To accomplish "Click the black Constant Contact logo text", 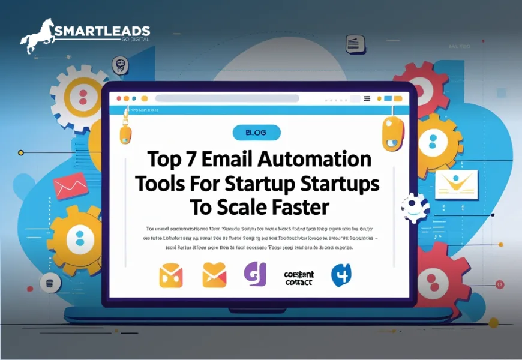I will click(x=298, y=277).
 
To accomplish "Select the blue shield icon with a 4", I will click(x=341, y=274).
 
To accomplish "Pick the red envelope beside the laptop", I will click(x=70, y=186).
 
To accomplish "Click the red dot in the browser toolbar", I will click(x=119, y=98).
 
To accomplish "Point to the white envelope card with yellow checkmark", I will click(x=455, y=184).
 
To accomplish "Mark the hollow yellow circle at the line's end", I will click(x=21, y=152).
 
